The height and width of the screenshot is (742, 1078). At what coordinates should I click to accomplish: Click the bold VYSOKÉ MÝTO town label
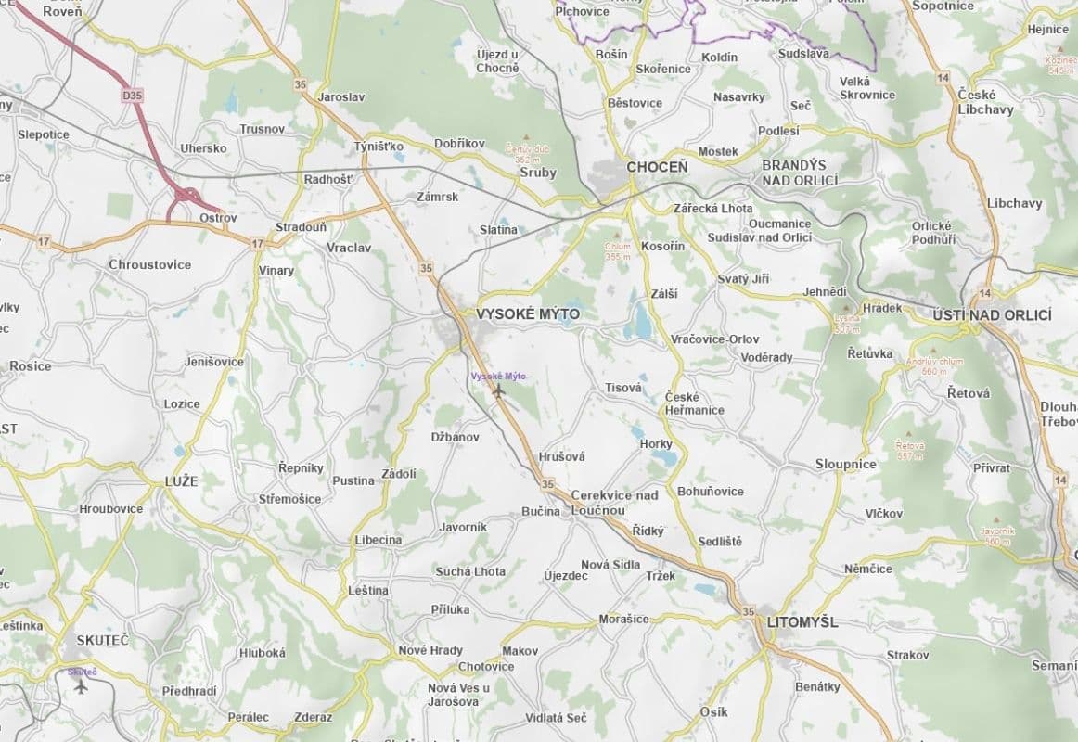(527, 314)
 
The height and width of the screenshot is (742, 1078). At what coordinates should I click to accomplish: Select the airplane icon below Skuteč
(80, 686)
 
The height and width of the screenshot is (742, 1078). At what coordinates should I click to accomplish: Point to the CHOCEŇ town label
(657, 167)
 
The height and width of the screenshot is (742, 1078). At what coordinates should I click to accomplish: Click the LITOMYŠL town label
(802, 622)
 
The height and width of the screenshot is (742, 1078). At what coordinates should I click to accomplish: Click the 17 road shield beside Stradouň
(257, 243)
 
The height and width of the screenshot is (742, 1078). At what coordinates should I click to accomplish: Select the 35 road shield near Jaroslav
(299, 84)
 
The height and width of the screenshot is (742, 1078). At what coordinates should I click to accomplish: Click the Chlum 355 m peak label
(618, 250)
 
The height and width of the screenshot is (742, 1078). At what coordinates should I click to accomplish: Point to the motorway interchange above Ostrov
(187, 197)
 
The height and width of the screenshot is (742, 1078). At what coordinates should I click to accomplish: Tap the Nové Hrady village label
(430, 650)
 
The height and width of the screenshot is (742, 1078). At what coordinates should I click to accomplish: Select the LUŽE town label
(181, 480)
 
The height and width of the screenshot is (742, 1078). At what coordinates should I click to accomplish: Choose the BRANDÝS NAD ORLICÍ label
(800, 173)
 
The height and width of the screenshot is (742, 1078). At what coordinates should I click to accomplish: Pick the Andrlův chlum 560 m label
(935, 365)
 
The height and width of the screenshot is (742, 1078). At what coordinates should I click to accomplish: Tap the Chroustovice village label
(149, 264)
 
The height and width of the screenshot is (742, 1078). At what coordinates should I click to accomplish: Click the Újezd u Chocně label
(497, 61)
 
